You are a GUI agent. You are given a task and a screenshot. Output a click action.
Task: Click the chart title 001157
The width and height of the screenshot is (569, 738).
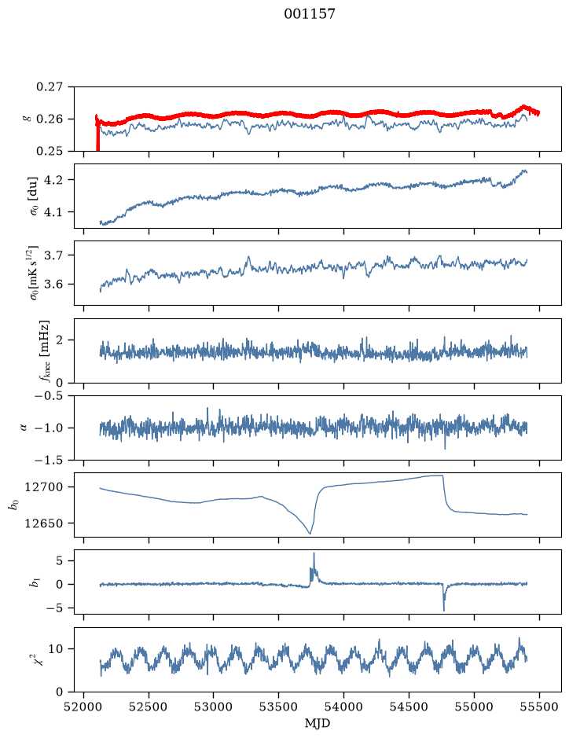[309, 14]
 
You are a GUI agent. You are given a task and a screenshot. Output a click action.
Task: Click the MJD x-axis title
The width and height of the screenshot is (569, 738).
[318, 723]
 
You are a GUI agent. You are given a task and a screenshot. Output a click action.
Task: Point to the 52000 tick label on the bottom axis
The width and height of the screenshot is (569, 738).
[84, 707]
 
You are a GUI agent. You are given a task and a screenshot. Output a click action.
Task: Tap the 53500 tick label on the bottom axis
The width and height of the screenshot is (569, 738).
[278, 707]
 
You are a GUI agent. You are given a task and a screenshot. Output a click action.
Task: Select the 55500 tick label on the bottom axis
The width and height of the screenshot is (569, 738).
[539, 707]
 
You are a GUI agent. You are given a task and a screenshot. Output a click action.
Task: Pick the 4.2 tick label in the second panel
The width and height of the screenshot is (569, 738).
[54, 180]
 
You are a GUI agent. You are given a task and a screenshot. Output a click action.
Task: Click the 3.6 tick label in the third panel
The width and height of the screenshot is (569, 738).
[54, 285]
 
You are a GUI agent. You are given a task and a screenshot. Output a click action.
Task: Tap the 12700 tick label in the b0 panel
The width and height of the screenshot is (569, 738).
[43, 487]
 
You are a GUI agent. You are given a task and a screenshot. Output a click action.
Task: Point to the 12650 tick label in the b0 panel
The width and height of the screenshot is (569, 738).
[43, 523]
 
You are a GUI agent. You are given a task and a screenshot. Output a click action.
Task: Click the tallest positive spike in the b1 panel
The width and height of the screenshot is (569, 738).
[314, 554]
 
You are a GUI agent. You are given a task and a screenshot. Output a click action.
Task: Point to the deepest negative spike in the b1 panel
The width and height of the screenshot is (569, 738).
[444, 610]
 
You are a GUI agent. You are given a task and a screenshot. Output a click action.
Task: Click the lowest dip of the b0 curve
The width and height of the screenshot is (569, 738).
[310, 533]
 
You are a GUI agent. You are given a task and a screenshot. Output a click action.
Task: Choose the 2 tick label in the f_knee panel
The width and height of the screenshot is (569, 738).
[59, 340]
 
